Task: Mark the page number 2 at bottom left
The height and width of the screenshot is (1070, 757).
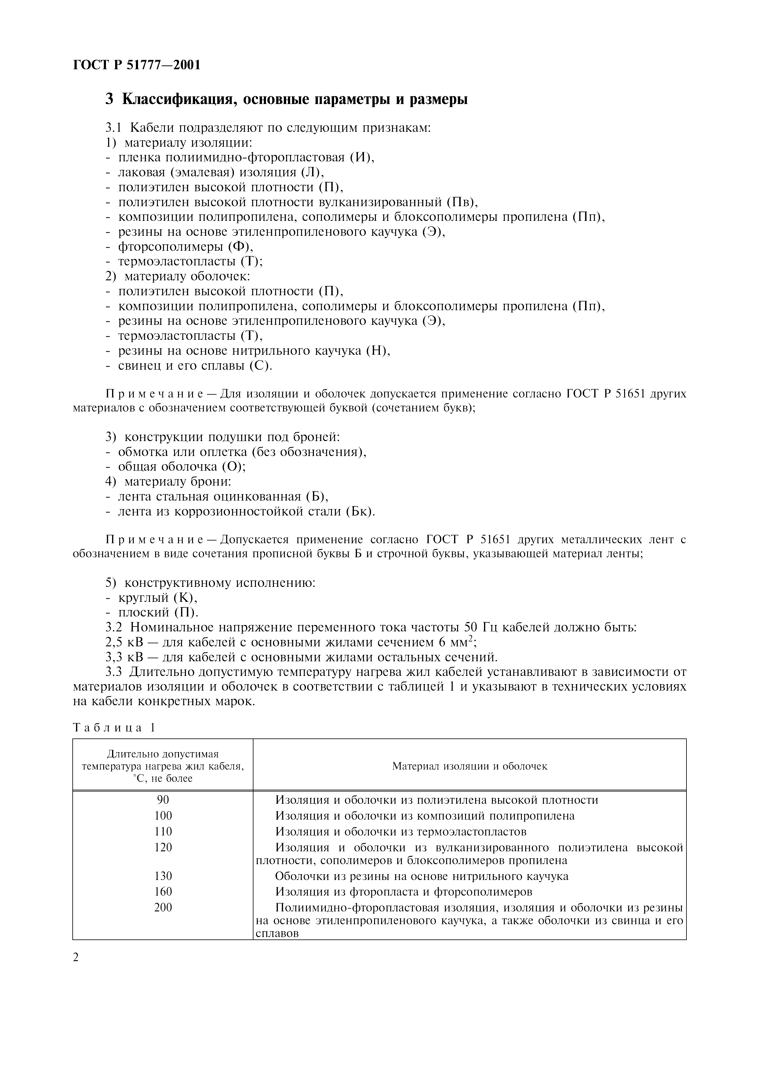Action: [76, 957]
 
